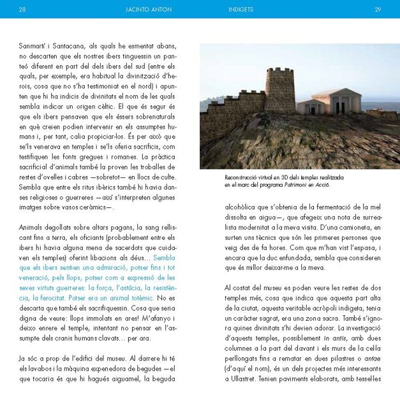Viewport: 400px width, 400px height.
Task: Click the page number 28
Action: coord(23,9)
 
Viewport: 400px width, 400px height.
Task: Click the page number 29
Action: coord(377,9)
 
